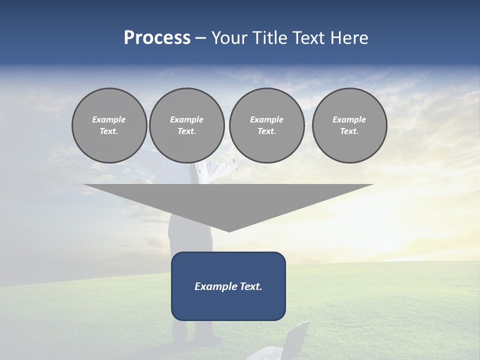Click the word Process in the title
[157, 38]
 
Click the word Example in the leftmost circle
[109, 119]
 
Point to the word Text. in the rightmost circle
[349, 131]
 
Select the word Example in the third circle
[266, 119]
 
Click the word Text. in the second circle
[187, 131]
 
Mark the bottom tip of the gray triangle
[229, 230]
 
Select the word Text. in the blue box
[251, 286]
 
